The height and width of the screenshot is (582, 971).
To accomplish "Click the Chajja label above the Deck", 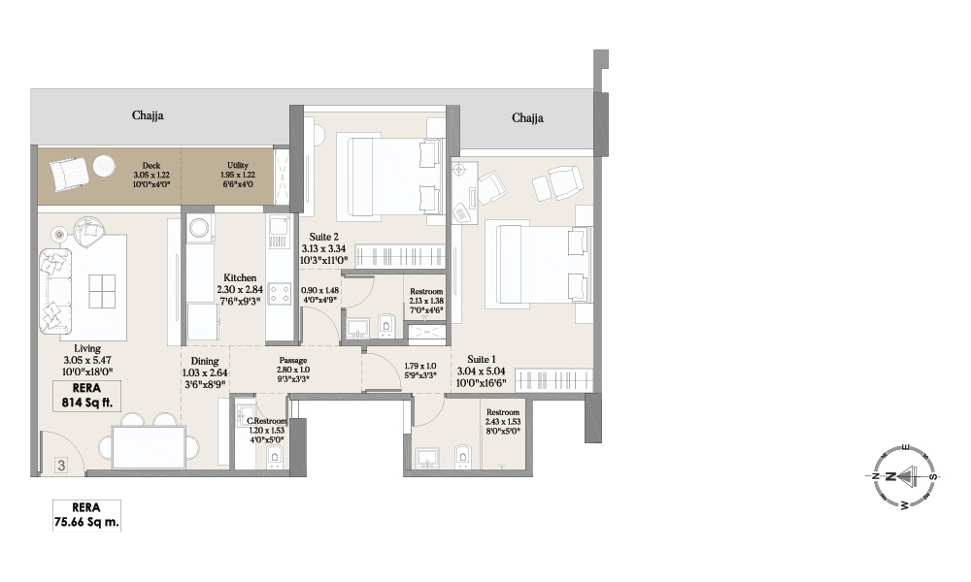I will [148, 115].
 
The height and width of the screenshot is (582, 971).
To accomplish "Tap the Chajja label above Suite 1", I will [527, 118].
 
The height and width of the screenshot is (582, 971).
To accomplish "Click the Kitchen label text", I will [239, 277].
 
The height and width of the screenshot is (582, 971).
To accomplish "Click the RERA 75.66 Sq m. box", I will [87, 515].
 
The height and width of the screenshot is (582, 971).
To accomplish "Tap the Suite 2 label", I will [324, 236].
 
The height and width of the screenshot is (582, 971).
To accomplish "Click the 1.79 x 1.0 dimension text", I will [420, 366].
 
